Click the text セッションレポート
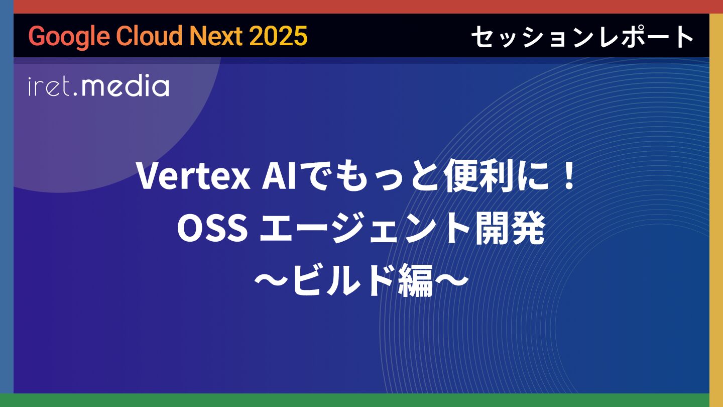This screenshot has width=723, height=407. pyautogui.click(x=582, y=37)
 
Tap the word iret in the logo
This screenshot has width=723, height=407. pyautogui.click(x=49, y=86)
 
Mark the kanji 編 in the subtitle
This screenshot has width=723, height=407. pyautogui.click(x=415, y=280)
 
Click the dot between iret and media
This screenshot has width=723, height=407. pyautogui.click(x=75, y=94)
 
